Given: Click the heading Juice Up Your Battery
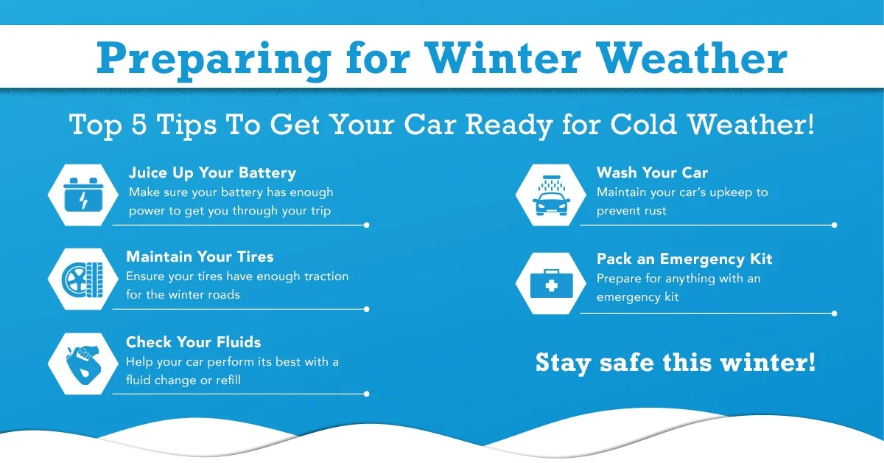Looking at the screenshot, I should [x=212, y=173].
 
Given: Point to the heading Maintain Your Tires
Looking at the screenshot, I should [x=200, y=257].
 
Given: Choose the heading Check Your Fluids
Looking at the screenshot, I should [x=193, y=342].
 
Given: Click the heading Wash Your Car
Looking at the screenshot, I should [x=652, y=173].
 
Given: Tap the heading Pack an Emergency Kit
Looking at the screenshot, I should [x=684, y=259].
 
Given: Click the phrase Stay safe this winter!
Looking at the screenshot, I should [x=676, y=363].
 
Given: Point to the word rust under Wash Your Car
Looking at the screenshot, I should [x=653, y=211].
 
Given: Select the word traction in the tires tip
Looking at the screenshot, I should [x=320, y=276].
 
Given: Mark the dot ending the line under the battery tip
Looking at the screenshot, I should [x=366, y=225].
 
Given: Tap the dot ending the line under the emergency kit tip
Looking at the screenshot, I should [x=834, y=313].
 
